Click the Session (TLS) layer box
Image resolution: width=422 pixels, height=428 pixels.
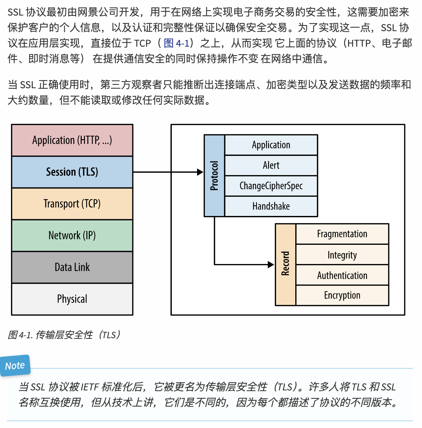pyautogui.click(x=72, y=172)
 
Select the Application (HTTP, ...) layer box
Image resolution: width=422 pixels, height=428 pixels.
pyautogui.click(x=72, y=140)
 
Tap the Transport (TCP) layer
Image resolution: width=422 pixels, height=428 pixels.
pyautogui.click(x=72, y=204)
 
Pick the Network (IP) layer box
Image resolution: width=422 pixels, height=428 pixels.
pyautogui.click(x=72, y=235)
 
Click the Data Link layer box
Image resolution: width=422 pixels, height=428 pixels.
pyautogui.click(x=72, y=267)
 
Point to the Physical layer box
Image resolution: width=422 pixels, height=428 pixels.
pyautogui.click(x=72, y=299)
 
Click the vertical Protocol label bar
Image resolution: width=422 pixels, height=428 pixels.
pyautogui.click(x=214, y=176)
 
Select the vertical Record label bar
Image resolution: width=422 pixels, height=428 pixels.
pyautogui.click(x=285, y=264)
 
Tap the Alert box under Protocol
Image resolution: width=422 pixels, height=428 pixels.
pyautogui.click(x=271, y=165)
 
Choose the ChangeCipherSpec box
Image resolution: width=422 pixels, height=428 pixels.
pyautogui.click(x=271, y=186)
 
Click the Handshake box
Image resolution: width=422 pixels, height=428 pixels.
pyautogui.click(x=271, y=206)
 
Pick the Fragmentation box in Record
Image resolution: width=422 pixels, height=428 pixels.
pyautogui.click(x=342, y=234)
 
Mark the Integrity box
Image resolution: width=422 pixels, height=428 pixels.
pyautogui.click(x=342, y=255)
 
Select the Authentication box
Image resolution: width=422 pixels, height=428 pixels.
pyautogui.click(x=342, y=275)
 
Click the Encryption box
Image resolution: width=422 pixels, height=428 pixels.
pyautogui.click(x=342, y=295)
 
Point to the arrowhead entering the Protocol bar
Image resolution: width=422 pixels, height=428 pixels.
pyautogui.click(x=200, y=172)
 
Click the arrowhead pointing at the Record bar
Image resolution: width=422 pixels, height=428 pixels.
pyautogui.click(x=271, y=265)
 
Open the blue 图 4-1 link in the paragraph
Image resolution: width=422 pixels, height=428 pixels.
pyautogui.click(x=176, y=43)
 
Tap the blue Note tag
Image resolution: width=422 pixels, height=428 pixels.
pyautogui.click(x=15, y=366)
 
